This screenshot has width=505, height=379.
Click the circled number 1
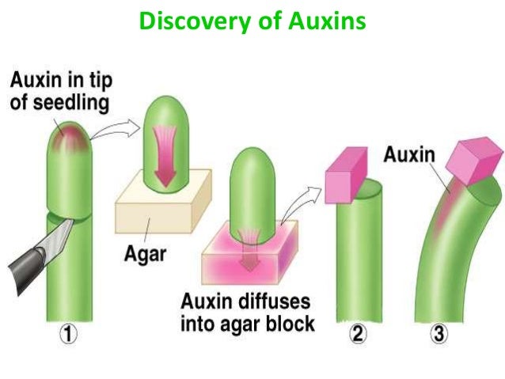(70, 335)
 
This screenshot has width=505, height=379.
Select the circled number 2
(359, 335)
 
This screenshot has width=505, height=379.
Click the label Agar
(146, 255)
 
